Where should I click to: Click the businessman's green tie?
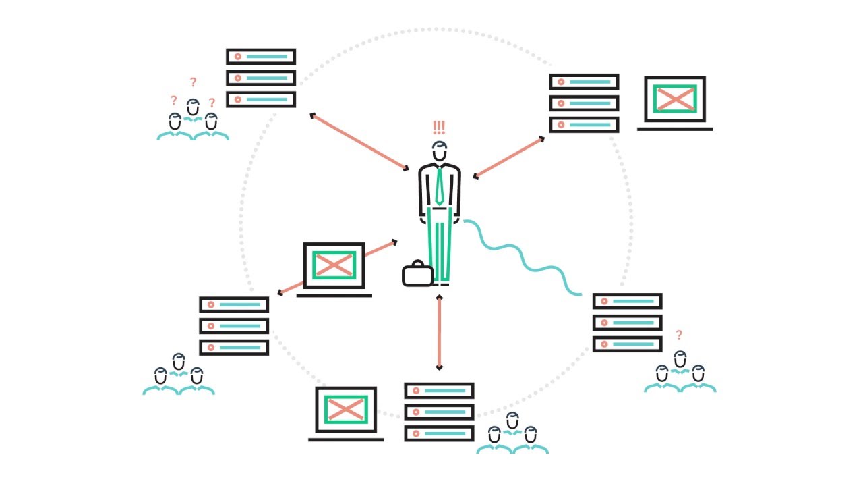pyautogui.click(x=439, y=186)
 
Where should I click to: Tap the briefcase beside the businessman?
pyautogui.click(x=417, y=274)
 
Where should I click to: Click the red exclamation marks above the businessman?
pyautogui.click(x=439, y=128)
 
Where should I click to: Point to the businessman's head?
pyautogui.click(x=440, y=152)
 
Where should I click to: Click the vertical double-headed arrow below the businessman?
pyautogui.click(x=440, y=332)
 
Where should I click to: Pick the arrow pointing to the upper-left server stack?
pyautogui.click(x=359, y=142)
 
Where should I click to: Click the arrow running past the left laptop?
pyautogui.click(x=337, y=267)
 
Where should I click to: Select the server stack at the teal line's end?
pyautogui.click(x=627, y=323)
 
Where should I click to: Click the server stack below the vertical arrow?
pyautogui.click(x=439, y=412)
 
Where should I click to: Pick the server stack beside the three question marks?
pyautogui.click(x=261, y=78)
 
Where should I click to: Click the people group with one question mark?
pyautogui.click(x=680, y=373)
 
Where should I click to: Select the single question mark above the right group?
pyautogui.click(x=679, y=335)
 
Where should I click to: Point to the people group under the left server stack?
pyautogui.click(x=179, y=375)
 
